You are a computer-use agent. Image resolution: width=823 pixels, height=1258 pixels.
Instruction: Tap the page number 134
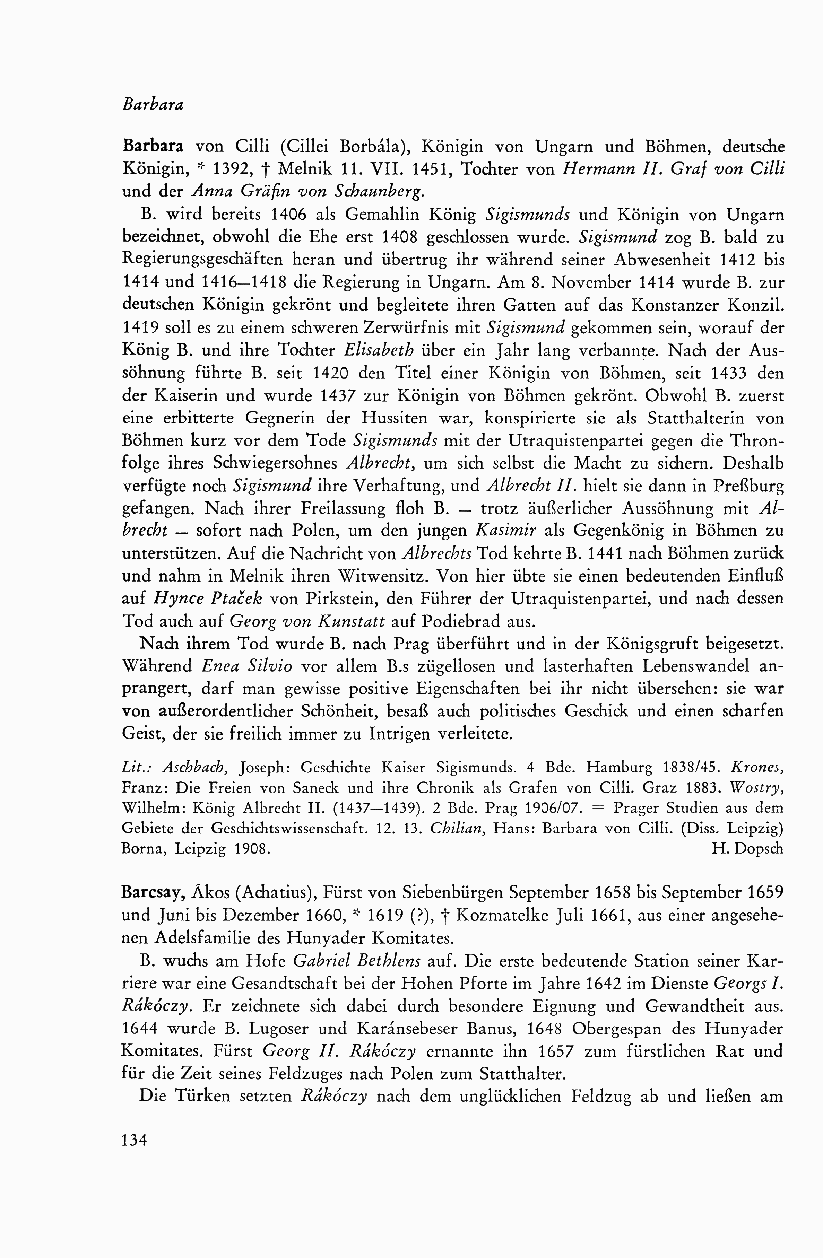[134, 1140]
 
